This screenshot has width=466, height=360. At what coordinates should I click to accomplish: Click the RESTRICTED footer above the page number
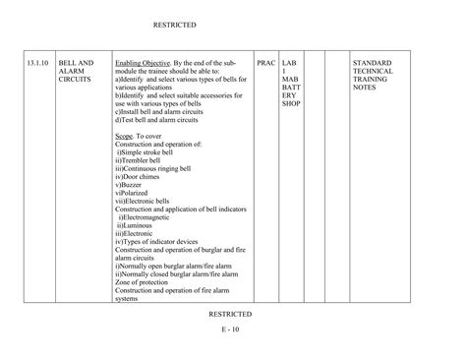point(230,314)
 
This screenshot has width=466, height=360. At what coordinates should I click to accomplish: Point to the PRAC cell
point(265,63)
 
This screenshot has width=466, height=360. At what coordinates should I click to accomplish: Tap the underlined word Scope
point(124,135)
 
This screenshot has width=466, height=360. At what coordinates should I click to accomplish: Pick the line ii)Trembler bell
point(142,160)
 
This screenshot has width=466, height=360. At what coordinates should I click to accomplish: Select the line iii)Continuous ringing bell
point(159,168)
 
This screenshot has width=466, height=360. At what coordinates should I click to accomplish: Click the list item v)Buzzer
point(131,185)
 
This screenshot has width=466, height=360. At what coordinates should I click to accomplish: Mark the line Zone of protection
point(147,281)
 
